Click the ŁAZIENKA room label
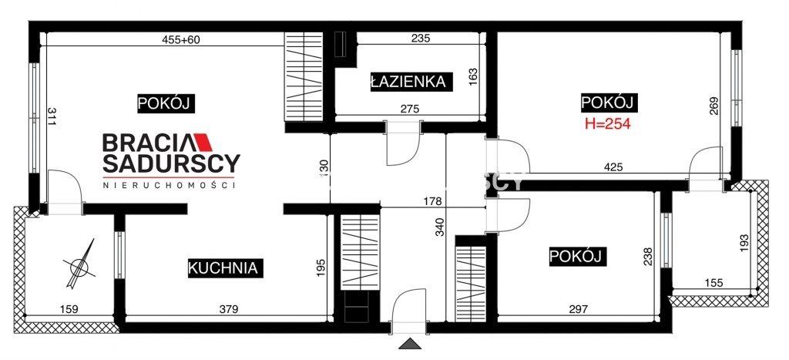[x=409, y=80]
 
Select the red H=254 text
[x=606, y=123]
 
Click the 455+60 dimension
[x=181, y=40]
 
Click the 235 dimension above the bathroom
[x=420, y=39]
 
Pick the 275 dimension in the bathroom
[x=409, y=109]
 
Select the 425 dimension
[x=613, y=167]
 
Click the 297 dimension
[x=578, y=309]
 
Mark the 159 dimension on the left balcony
[x=69, y=309]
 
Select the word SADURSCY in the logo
[x=172, y=163]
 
